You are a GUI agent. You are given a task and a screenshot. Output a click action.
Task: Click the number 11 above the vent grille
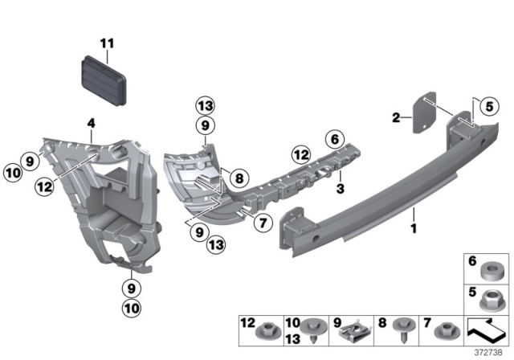[108, 43]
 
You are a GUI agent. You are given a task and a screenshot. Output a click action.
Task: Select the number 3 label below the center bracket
[340, 189]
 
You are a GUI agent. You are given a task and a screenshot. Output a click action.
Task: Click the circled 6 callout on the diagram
[334, 137]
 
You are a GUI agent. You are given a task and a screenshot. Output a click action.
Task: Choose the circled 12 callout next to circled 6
[300, 153]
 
